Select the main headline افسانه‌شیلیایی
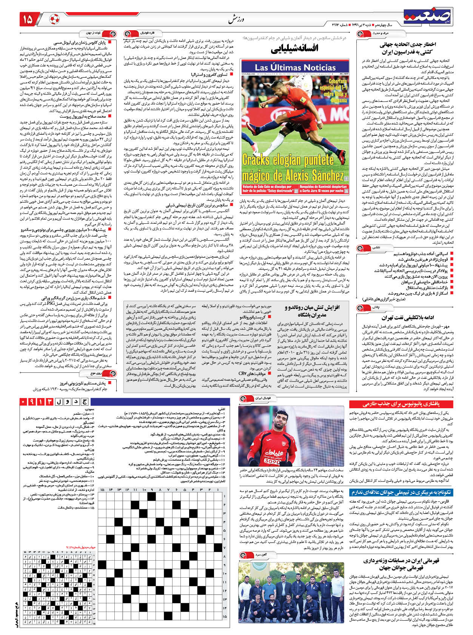(x=294, y=48)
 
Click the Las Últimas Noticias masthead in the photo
(x=294, y=67)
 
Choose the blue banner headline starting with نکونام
(x=401, y=492)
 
